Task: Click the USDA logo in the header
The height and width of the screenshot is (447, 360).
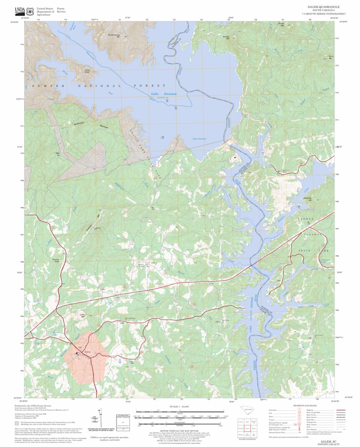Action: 20,11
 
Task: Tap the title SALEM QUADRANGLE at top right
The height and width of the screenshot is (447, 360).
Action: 323,7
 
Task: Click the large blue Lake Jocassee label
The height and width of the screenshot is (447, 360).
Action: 164,94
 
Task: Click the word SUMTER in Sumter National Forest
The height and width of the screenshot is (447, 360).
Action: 51,86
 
